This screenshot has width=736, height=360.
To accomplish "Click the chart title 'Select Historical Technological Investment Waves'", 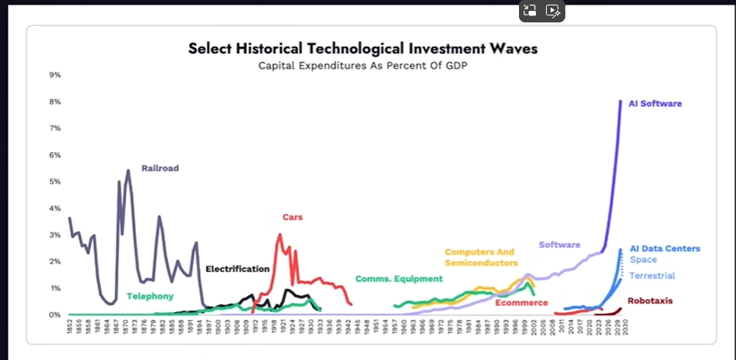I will point(363,49).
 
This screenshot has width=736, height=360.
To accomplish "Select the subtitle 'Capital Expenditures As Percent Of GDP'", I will point(363,65).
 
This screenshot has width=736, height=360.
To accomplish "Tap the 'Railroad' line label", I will point(160,168).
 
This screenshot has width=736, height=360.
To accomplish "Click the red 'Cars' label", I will point(293,217).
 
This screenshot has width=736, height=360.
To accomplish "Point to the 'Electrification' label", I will point(237,269).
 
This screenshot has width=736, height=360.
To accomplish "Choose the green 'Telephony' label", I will point(150,296).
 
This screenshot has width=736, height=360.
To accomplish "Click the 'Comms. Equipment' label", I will point(399,278).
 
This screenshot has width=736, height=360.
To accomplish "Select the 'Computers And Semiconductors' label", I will point(480,257).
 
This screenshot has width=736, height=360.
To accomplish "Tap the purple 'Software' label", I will point(559,245).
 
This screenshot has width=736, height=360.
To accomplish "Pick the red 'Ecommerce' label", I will point(521,303).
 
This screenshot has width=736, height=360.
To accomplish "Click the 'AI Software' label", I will point(655,104).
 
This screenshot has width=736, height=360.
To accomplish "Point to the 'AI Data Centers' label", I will point(665,249).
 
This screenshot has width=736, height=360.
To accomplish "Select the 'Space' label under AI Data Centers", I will point(643,260).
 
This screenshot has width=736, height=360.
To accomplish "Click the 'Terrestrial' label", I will point(653,276).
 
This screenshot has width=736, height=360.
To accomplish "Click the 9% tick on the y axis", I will point(56,75).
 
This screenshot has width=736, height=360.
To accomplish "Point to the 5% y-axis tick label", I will point(56,182).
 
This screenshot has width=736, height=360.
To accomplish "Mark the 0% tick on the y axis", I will point(56,314).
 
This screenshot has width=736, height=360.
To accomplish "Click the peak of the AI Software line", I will point(621,101).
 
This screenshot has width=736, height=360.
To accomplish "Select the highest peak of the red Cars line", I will point(280,235).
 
